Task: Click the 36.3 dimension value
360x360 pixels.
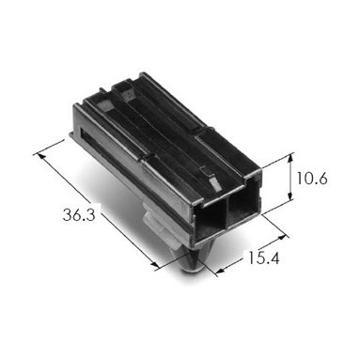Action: tap(79, 215)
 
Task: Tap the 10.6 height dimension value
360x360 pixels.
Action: tap(312, 179)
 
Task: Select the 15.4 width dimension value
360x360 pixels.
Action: tap(263, 258)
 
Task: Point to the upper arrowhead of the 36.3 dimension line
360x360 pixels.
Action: tap(39, 156)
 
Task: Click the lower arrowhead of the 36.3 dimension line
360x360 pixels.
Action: tap(156, 265)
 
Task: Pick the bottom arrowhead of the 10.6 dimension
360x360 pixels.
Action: tap(290, 196)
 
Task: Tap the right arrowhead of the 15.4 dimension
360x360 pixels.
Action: tap(283, 237)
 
